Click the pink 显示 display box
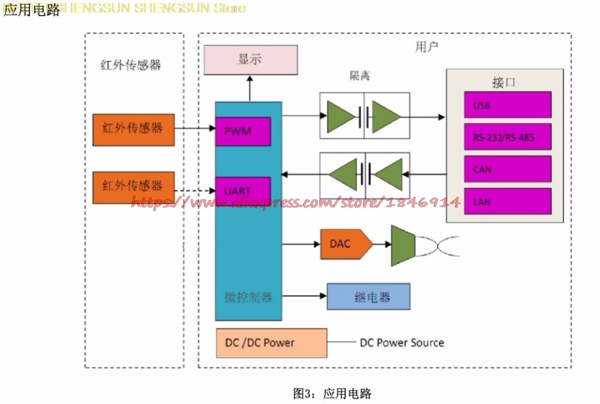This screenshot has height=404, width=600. pos(250,60)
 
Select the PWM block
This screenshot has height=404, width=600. pos(242,131)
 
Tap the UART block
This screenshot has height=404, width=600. pos(242,191)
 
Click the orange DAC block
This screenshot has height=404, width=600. pos(345,244)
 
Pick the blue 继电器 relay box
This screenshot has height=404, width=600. pos(368,297)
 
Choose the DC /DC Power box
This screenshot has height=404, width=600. pos(271,343)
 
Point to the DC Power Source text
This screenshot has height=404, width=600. pos(402,343)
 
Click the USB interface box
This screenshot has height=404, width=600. pos(507,105)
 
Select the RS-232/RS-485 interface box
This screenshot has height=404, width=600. pos(507,137)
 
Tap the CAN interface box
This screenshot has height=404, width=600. pos(507,170)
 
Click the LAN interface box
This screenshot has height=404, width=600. pos(507,202)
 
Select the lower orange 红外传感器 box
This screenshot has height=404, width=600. pos(133,187)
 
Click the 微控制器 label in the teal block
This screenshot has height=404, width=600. pos(248,297)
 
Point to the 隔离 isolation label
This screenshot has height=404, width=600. pos(359,76)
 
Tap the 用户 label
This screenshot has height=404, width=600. pos(427,47)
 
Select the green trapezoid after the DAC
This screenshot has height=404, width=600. pos(403,245)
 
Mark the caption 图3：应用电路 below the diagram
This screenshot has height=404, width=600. pos(332,394)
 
